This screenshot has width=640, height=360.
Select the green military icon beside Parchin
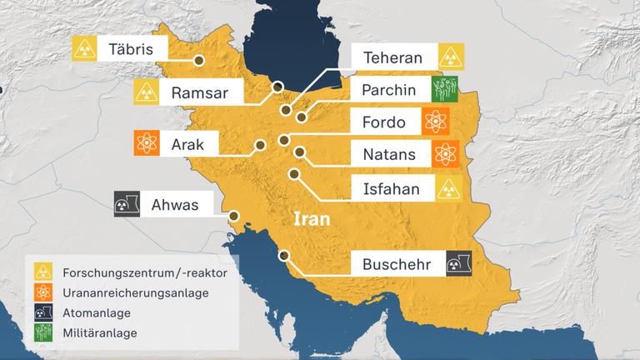447,90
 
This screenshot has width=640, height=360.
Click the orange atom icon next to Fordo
435,122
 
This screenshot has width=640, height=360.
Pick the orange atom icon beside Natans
447,154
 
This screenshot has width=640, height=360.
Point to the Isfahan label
392,188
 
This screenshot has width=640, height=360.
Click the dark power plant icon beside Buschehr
458,265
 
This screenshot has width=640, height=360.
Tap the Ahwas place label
176,204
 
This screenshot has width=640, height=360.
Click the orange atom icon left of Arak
147,143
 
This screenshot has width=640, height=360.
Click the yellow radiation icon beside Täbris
83,49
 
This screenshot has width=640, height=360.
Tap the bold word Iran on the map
311,221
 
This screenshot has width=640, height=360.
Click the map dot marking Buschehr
284,256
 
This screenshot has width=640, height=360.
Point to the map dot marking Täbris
199,60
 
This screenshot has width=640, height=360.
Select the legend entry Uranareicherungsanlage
134,292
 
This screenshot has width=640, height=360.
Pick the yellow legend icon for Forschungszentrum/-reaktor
42,272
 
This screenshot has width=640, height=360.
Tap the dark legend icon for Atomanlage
42,312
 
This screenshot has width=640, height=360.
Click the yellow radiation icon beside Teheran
452,58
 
